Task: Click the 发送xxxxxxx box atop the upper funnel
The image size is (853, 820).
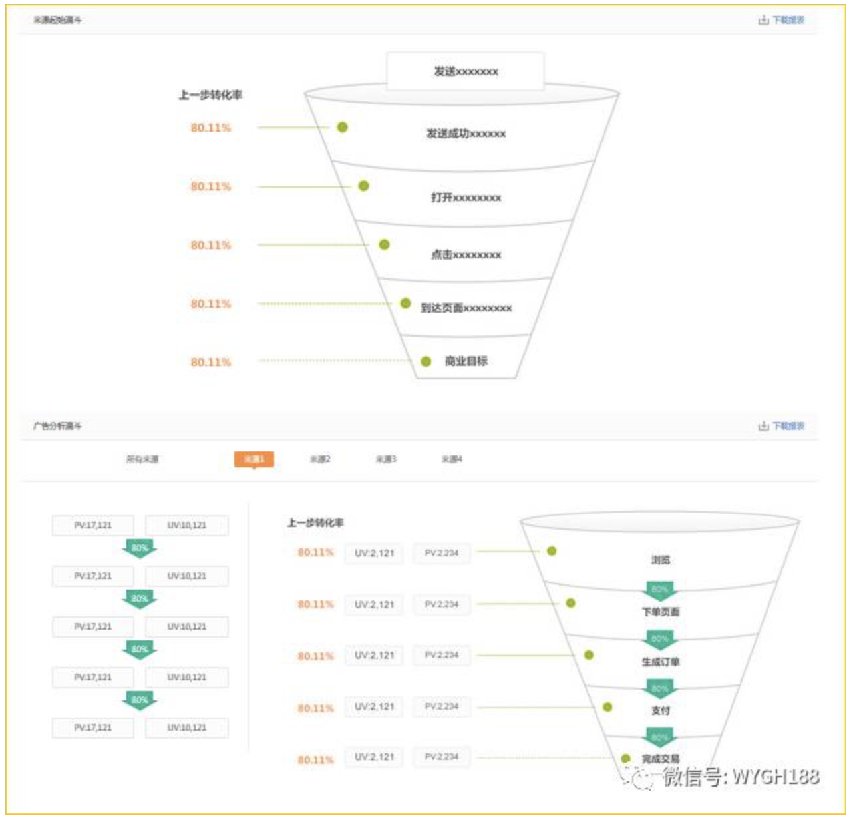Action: (x=465, y=71)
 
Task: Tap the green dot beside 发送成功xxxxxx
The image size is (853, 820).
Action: (x=342, y=127)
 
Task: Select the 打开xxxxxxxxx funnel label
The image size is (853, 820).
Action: (x=466, y=198)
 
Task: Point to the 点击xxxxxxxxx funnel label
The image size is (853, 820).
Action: (x=466, y=254)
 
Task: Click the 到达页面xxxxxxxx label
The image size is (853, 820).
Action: (x=466, y=307)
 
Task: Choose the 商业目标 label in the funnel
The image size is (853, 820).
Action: (x=466, y=361)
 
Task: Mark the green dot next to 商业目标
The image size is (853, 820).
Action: (x=426, y=361)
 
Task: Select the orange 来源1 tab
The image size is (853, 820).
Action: (x=254, y=459)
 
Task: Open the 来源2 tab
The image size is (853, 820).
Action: (x=320, y=459)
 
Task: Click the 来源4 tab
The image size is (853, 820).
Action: (x=452, y=459)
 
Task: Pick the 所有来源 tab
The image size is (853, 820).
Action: (x=142, y=459)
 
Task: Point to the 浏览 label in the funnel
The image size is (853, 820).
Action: (x=660, y=560)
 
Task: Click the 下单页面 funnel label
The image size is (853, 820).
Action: (x=660, y=612)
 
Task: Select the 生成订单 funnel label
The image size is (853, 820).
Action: (x=660, y=662)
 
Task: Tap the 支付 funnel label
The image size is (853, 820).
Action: (x=660, y=710)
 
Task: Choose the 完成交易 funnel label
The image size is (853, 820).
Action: (x=660, y=759)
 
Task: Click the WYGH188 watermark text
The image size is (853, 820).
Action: (x=775, y=777)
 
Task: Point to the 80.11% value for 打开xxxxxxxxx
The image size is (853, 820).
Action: (x=210, y=186)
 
